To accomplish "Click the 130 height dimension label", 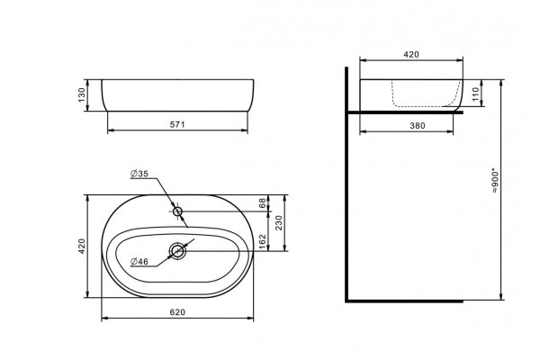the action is [x=81, y=95].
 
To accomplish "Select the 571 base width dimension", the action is [x=177, y=124].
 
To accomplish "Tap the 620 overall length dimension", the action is [x=177, y=312].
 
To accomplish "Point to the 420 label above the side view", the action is [x=411, y=54].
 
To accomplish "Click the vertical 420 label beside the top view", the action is [x=82, y=247].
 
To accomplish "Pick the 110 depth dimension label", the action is [x=475, y=94].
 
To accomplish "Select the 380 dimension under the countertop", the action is [x=418, y=126].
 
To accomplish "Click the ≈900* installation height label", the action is [x=495, y=181].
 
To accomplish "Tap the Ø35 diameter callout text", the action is [x=139, y=174].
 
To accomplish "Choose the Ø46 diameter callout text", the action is [x=139, y=262].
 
